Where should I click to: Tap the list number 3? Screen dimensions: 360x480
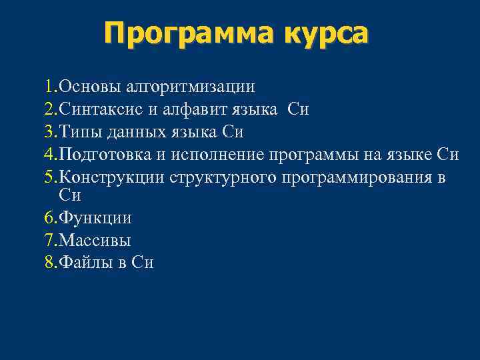pos(50,132)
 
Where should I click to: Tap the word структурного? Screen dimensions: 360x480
pos(223,178)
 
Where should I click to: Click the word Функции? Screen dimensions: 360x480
pos(95,218)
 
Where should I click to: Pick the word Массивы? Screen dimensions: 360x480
pos(95,240)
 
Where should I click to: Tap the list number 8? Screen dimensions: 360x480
pos(50,263)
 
